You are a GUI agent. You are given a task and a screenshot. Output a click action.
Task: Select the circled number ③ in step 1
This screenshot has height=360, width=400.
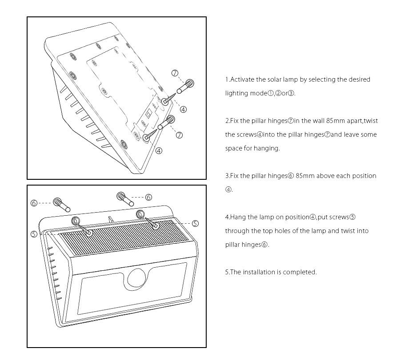point(292,93)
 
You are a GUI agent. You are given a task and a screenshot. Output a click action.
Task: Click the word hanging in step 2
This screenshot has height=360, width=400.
point(267,148)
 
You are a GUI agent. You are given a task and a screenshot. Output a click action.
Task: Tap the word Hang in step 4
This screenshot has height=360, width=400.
point(238,217)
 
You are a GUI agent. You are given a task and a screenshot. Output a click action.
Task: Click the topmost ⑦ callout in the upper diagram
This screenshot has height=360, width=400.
point(175,73)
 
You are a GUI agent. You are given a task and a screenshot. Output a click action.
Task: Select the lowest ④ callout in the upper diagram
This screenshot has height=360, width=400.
point(159,150)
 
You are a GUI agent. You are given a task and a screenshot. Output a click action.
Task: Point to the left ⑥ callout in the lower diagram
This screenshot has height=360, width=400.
point(34,203)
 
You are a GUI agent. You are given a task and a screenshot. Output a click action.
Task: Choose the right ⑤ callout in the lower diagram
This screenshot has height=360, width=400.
point(195,223)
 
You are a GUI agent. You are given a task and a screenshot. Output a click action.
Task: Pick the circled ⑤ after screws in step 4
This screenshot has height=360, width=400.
point(352,217)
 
